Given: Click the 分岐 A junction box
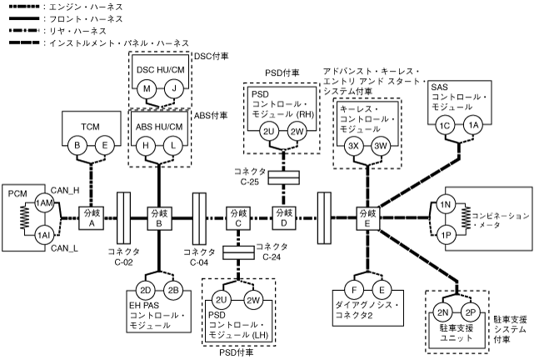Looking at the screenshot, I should click(x=90, y=218).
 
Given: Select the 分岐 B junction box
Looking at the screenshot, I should click(x=158, y=218).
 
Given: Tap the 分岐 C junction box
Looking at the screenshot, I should click(x=237, y=218).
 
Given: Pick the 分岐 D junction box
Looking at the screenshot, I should click(x=285, y=218).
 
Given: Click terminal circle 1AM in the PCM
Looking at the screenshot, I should click(x=44, y=203).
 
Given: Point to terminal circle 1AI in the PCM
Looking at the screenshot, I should click(x=44, y=234).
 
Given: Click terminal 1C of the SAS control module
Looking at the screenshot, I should click(x=445, y=124).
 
